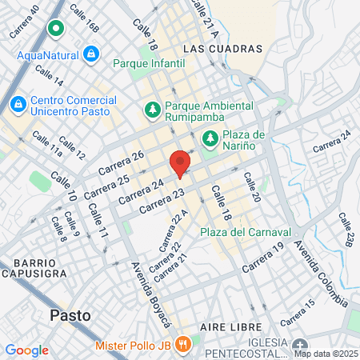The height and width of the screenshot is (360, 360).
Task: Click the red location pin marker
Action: (181, 163)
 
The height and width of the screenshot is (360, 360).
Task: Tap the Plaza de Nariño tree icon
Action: (210, 138)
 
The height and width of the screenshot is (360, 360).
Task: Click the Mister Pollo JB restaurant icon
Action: (184, 345)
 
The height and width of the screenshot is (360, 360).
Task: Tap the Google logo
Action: (27, 350)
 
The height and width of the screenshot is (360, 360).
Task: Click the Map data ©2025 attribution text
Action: (325, 353)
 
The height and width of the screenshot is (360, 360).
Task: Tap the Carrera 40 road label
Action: (24, 22)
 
